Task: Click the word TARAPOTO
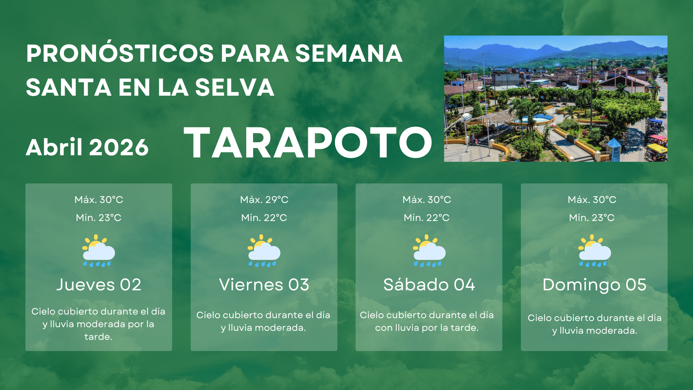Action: click(x=308, y=143)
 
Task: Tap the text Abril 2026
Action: click(x=87, y=147)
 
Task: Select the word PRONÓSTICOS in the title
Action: click(x=120, y=53)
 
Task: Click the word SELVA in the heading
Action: click(x=235, y=87)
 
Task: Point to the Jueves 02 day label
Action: click(x=99, y=285)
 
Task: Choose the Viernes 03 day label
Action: click(x=264, y=285)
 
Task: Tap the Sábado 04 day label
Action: click(x=429, y=285)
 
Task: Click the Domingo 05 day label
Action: click(x=594, y=285)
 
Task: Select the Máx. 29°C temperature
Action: click(x=264, y=200)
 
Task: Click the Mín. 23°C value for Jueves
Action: click(x=99, y=218)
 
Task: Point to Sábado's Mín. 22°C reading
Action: click(x=427, y=218)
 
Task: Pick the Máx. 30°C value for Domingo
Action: click(x=592, y=200)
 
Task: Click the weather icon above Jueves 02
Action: click(x=99, y=251)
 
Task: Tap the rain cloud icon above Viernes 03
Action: click(x=264, y=251)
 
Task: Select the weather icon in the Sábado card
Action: click(x=429, y=251)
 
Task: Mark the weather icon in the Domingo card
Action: click(x=594, y=251)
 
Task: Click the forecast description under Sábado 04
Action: click(x=427, y=321)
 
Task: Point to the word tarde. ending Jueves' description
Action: click(x=98, y=337)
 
